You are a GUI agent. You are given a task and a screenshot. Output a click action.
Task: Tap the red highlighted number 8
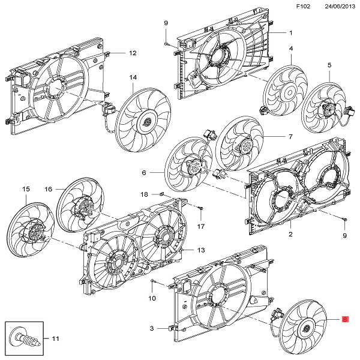[345, 320]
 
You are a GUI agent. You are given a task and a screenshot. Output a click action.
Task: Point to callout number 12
[133, 53]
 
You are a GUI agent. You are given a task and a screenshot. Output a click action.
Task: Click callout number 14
[133, 77]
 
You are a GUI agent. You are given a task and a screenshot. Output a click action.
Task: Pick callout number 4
[291, 49]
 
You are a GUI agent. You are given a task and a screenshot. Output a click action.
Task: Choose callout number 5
[329, 65]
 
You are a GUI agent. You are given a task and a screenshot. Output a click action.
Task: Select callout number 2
[290, 235]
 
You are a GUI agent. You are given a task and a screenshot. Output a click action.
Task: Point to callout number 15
[26, 190]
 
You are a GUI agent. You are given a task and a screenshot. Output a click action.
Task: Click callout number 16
[49, 190]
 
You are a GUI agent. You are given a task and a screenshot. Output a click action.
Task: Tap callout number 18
[144, 194]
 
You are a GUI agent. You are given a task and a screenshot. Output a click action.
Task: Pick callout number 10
[152, 298]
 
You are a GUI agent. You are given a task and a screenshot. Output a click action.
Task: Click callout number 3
[152, 328]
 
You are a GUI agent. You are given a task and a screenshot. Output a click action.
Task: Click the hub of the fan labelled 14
[146, 121]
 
